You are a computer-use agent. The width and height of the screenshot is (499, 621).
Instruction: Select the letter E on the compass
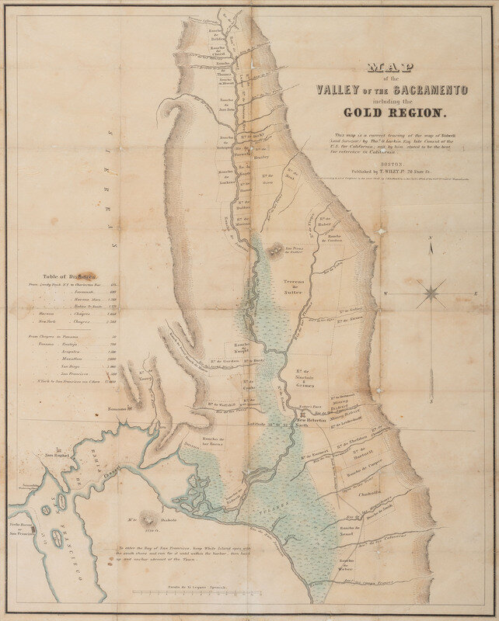[475, 294]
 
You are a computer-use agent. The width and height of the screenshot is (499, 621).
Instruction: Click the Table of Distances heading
[70, 276]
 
